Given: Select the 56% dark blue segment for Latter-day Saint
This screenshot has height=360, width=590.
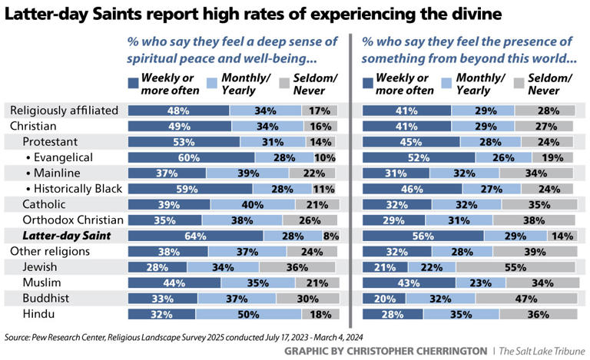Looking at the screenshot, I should click(x=423, y=236).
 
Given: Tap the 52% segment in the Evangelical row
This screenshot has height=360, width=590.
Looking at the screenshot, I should click(x=419, y=157).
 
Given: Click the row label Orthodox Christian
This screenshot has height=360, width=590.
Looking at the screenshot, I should click(x=69, y=220).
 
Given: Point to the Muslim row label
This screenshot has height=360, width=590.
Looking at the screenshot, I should click(x=41, y=283).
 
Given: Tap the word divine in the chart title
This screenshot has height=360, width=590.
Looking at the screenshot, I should click(x=477, y=13).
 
